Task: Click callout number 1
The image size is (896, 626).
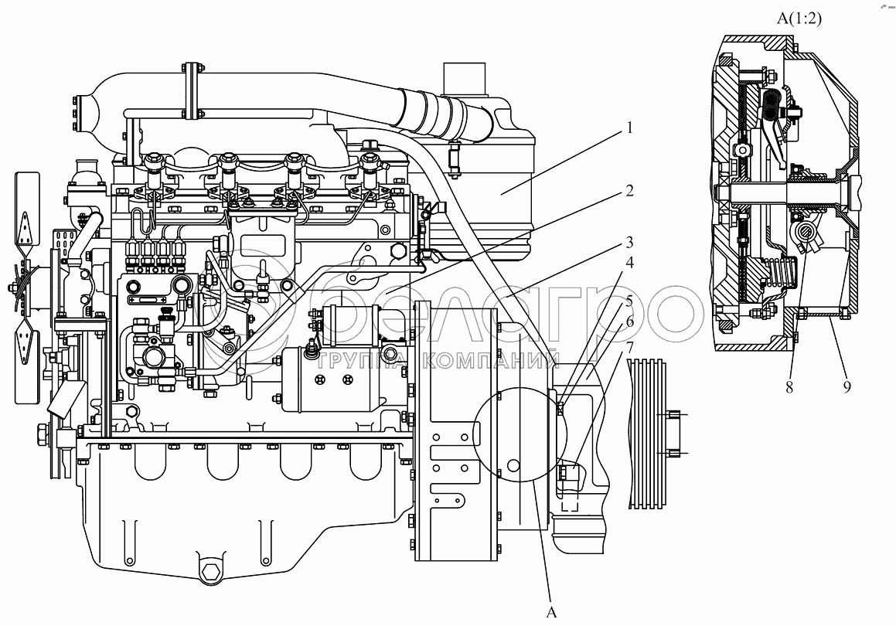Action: coord(630,128)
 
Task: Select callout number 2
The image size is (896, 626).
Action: coord(630,190)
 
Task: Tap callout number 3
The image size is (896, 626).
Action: coord(630,242)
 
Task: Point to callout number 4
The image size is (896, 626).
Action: coord(630,263)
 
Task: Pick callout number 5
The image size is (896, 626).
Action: coord(630,301)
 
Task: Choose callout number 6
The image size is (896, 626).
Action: coord(630,322)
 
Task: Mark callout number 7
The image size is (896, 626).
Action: coord(630,347)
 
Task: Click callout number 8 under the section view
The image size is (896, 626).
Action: coord(789,387)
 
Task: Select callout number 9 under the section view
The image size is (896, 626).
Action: coord(847,387)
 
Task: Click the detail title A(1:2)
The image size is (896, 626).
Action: coord(799,19)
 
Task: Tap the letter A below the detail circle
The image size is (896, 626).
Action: coord(551,612)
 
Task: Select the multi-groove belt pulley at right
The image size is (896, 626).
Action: coord(647,434)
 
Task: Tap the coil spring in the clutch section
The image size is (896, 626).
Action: coord(782,274)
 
